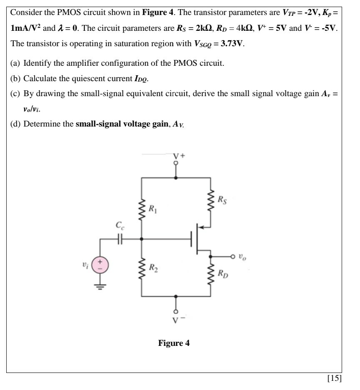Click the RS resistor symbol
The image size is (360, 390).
(x=210, y=199)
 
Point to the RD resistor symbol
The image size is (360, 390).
(x=210, y=274)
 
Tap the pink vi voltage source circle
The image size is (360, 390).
(x=100, y=264)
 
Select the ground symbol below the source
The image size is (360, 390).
(x=100, y=286)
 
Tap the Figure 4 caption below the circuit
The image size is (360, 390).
(x=174, y=343)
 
